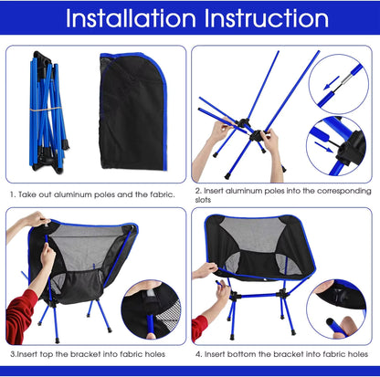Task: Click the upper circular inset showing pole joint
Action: pyautogui.click(x=338, y=83)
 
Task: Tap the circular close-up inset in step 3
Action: pyautogui.click(x=153, y=311)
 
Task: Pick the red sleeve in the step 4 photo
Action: pyautogui.click(x=199, y=326)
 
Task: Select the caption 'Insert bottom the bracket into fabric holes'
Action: pyautogui.click(x=284, y=352)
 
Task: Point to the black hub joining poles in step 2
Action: pyautogui.click(x=253, y=140)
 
